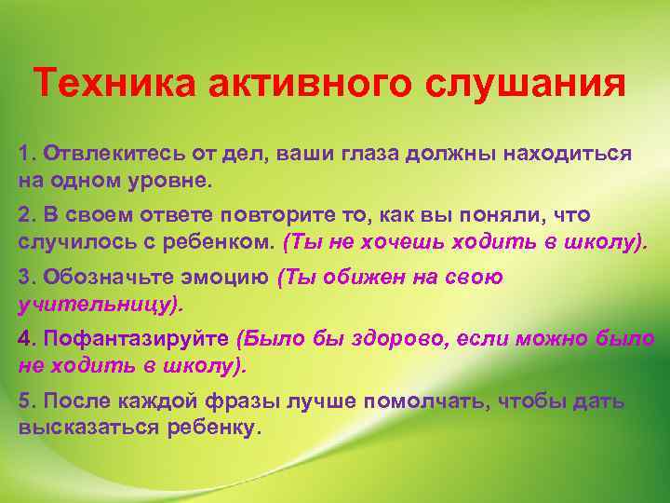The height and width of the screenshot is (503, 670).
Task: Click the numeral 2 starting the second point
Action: (x=22, y=215)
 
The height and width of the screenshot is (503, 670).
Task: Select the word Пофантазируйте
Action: (x=135, y=339)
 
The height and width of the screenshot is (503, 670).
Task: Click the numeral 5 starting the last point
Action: (x=22, y=401)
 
